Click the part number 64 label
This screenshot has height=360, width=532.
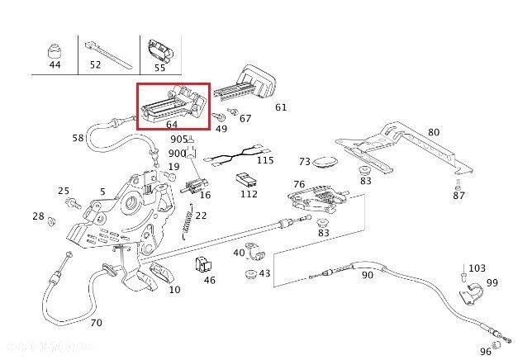172,125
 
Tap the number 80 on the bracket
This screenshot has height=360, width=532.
434,131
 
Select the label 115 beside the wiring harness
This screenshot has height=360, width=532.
265,159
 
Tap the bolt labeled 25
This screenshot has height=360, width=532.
78,202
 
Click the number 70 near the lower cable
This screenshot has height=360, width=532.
96,323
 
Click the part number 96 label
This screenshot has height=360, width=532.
485,352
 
